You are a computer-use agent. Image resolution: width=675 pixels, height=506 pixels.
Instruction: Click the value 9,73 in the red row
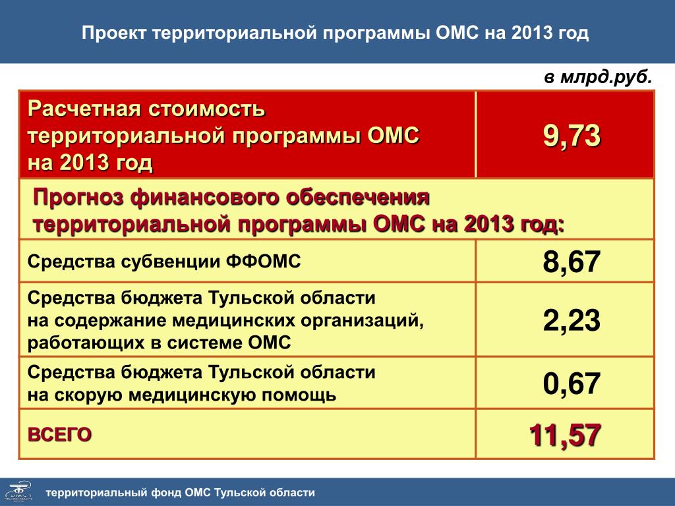point(572,136)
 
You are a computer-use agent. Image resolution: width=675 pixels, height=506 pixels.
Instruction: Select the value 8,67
point(572,262)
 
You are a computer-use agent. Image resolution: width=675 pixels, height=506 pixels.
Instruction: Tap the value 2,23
point(572,321)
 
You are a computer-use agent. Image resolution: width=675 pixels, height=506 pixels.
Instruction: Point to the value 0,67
point(572,383)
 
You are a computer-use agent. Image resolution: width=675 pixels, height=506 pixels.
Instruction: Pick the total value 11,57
point(565,435)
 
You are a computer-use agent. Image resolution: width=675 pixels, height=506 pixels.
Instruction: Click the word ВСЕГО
point(60,435)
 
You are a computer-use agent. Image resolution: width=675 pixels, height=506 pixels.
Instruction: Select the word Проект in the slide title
point(114,33)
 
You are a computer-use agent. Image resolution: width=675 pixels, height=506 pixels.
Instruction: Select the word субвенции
point(171,261)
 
